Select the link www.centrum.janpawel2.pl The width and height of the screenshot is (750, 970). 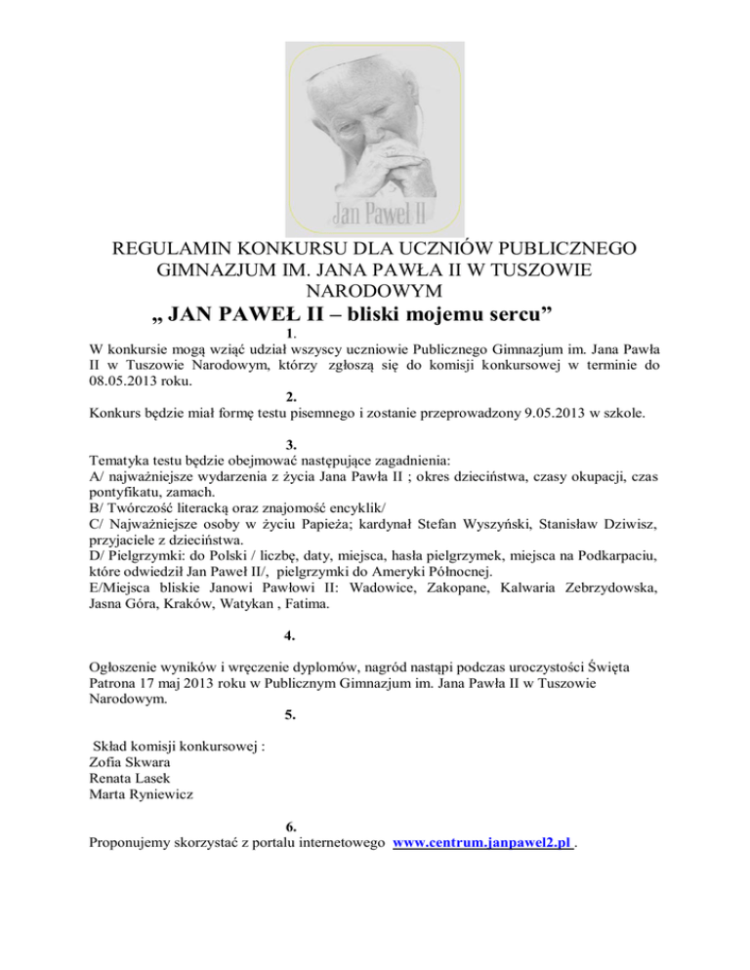[480, 842]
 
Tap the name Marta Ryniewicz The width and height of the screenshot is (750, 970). [138, 794]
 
